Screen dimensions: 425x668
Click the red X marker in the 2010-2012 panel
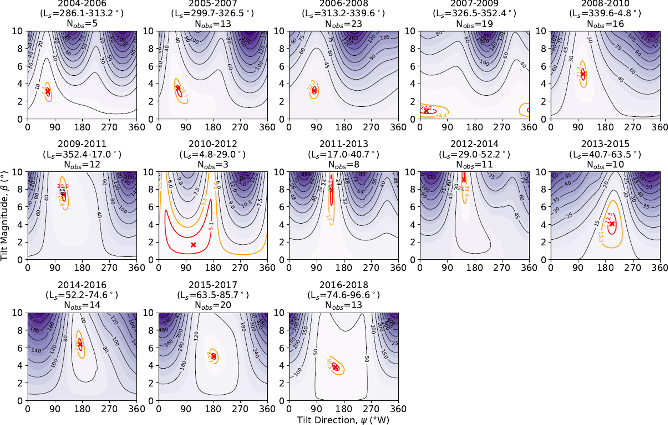tap(193, 245)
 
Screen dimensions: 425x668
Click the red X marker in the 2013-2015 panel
tap(612, 224)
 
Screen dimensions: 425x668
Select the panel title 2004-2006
tap(82, 4)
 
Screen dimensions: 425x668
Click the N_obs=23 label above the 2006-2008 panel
tap(344, 24)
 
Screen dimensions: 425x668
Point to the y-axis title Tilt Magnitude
tap(5, 216)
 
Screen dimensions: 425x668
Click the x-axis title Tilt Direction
tap(343, 420)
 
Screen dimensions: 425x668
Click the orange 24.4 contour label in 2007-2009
tap(441, 116)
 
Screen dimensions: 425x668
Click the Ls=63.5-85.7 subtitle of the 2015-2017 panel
tap(213, 295)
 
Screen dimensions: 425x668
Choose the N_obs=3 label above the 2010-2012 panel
tap(213, 164)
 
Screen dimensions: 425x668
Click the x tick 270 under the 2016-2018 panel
tap(371, 409)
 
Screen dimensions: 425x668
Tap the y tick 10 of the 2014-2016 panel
tap(17, 313)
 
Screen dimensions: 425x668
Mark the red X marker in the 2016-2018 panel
tap(335, 367)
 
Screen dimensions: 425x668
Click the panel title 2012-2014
tap(474, 144)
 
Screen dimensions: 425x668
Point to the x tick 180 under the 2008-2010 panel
tap(605, 127)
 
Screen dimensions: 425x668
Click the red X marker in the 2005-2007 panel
tap(178, 88)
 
